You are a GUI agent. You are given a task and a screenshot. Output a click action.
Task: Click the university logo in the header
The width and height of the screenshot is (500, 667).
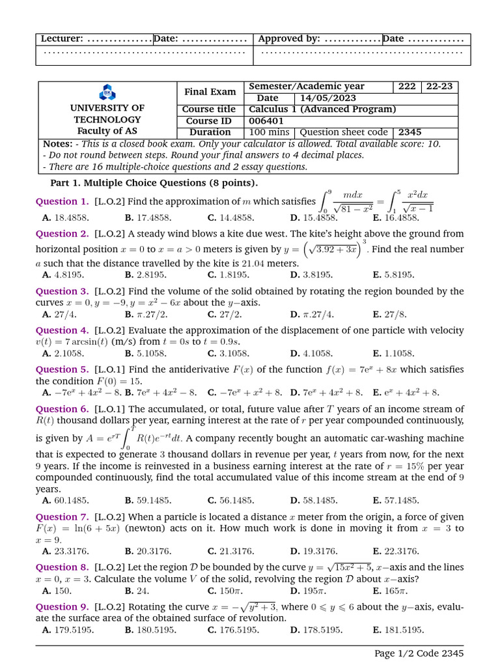click(x=106, y=92)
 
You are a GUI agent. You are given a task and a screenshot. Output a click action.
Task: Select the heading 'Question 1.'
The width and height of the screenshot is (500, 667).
click(x=62, y=201)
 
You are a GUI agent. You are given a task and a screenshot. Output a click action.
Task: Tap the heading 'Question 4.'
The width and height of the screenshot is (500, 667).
click(x=62, y=330)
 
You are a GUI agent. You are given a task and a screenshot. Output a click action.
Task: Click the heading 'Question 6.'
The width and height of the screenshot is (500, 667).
click(x=62, y=409)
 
